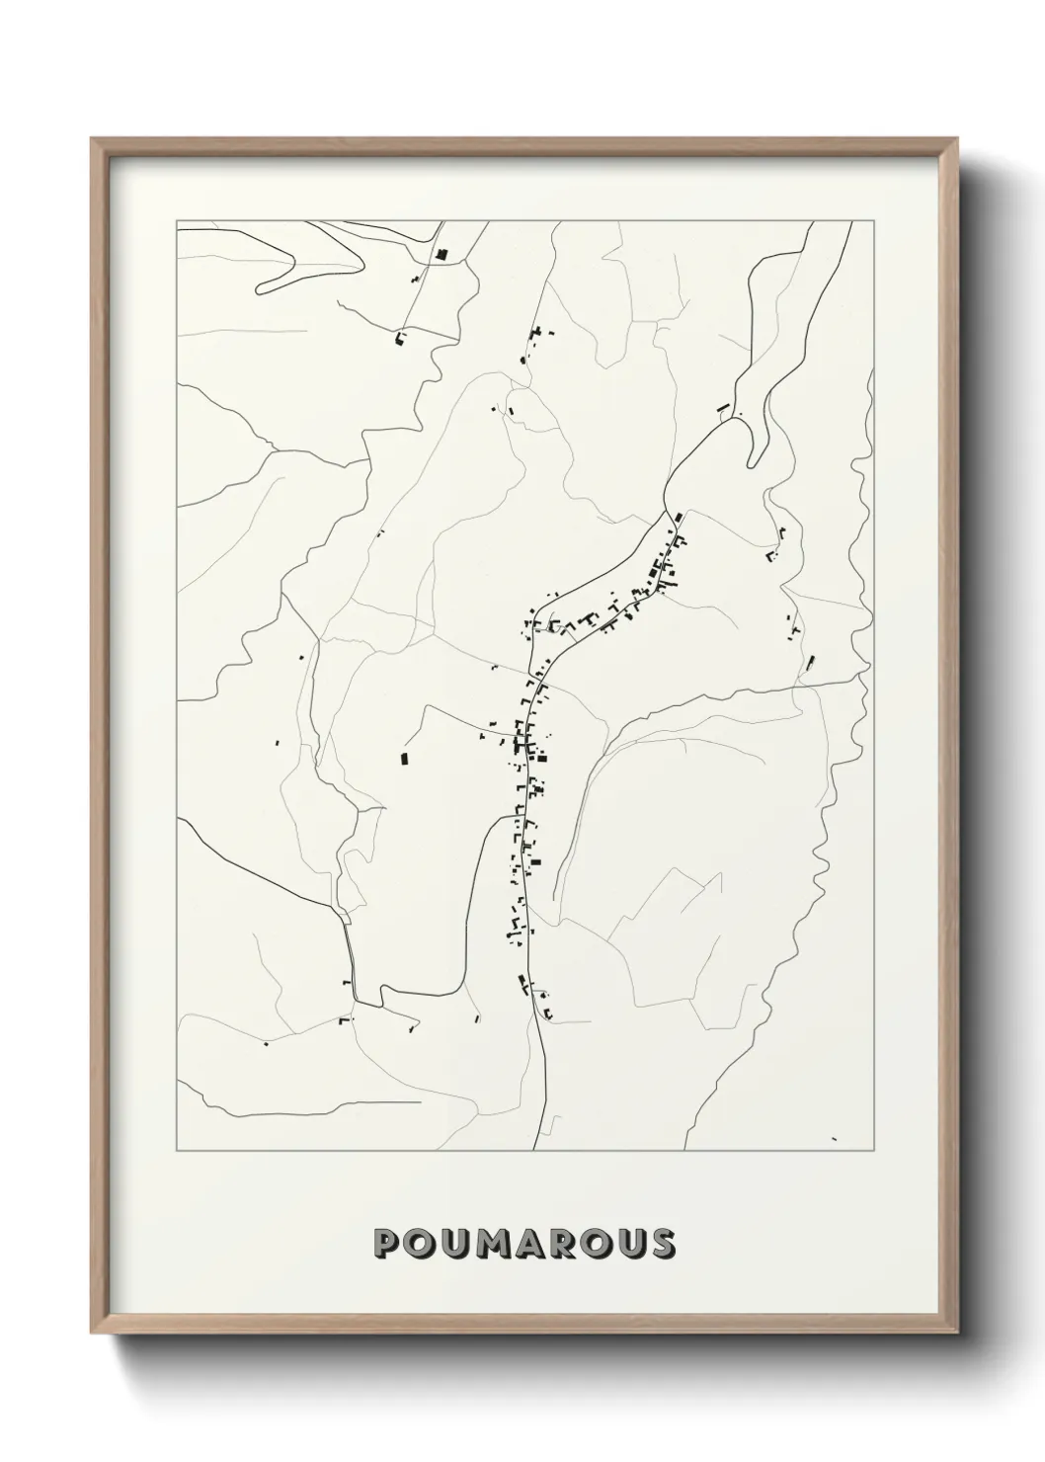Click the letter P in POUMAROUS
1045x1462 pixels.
387,1244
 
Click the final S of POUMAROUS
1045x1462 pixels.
661,1244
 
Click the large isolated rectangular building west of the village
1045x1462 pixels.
403,759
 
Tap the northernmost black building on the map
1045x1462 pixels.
442,255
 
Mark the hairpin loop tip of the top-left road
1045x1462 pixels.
259,289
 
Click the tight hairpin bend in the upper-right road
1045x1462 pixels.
754,461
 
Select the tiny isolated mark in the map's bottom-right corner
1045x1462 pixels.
835,1139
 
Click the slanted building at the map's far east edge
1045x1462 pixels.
811,662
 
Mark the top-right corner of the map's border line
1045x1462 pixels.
874,221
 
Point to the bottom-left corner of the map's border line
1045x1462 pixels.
177,1151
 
